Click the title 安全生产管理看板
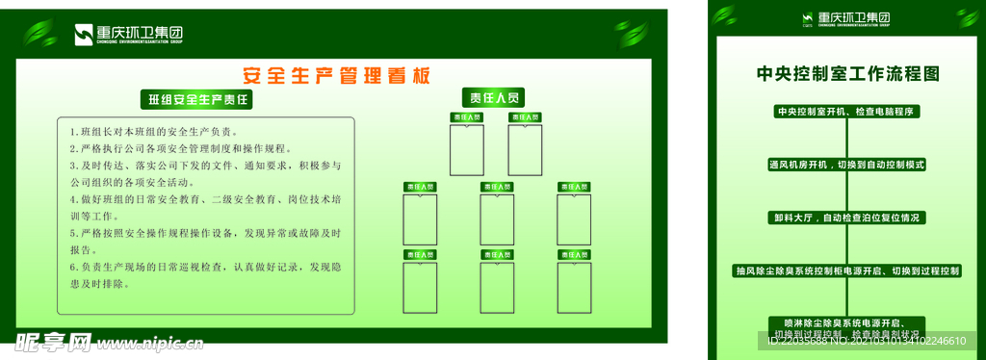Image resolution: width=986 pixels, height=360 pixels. pos(336,76)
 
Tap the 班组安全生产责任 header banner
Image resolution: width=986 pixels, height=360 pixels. pos(199,99)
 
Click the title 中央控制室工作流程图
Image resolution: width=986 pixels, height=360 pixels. pos(847,73)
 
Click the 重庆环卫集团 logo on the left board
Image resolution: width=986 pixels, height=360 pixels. pos(129,35)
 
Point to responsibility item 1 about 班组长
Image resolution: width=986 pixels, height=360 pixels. pos(154,131)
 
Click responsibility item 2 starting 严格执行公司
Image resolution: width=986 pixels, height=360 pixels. pos(179,148)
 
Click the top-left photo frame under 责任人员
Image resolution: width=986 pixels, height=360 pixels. pos(467,149)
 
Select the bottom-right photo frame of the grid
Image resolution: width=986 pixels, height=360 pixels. pos(574,287)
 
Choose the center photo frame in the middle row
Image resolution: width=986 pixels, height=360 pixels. pos(497,219)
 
